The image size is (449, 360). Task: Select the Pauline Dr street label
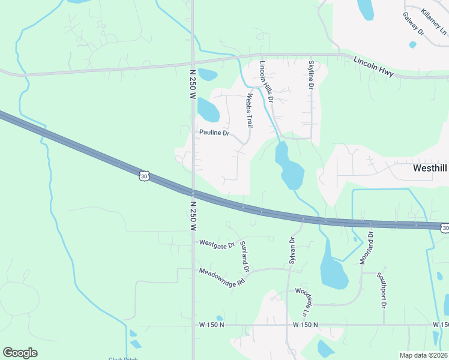pyautogui.click(x=214, y=133)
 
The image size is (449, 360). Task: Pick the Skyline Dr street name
pyautogui.click(x=311, y=75)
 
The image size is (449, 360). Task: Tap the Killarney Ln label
pyautogui.click(x=433, y=22)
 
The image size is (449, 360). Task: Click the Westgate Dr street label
pyautogui.click(x=217, y=243)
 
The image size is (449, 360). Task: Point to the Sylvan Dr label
pyautogui.click(x=292, y=251)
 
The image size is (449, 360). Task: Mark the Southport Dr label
pyautogui.click(x=381, y=290)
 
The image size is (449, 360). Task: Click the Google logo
pyautogui.click(x=20, y=353)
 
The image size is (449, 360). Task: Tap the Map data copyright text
pyautogui.click(x=423, y=355)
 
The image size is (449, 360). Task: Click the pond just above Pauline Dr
pyautogui.click(x=208, y=109)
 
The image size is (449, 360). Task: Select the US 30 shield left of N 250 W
pyautogui.click(x=142, y=176)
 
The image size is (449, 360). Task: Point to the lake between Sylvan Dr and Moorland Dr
pyautogui.click(x=333, y=269)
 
